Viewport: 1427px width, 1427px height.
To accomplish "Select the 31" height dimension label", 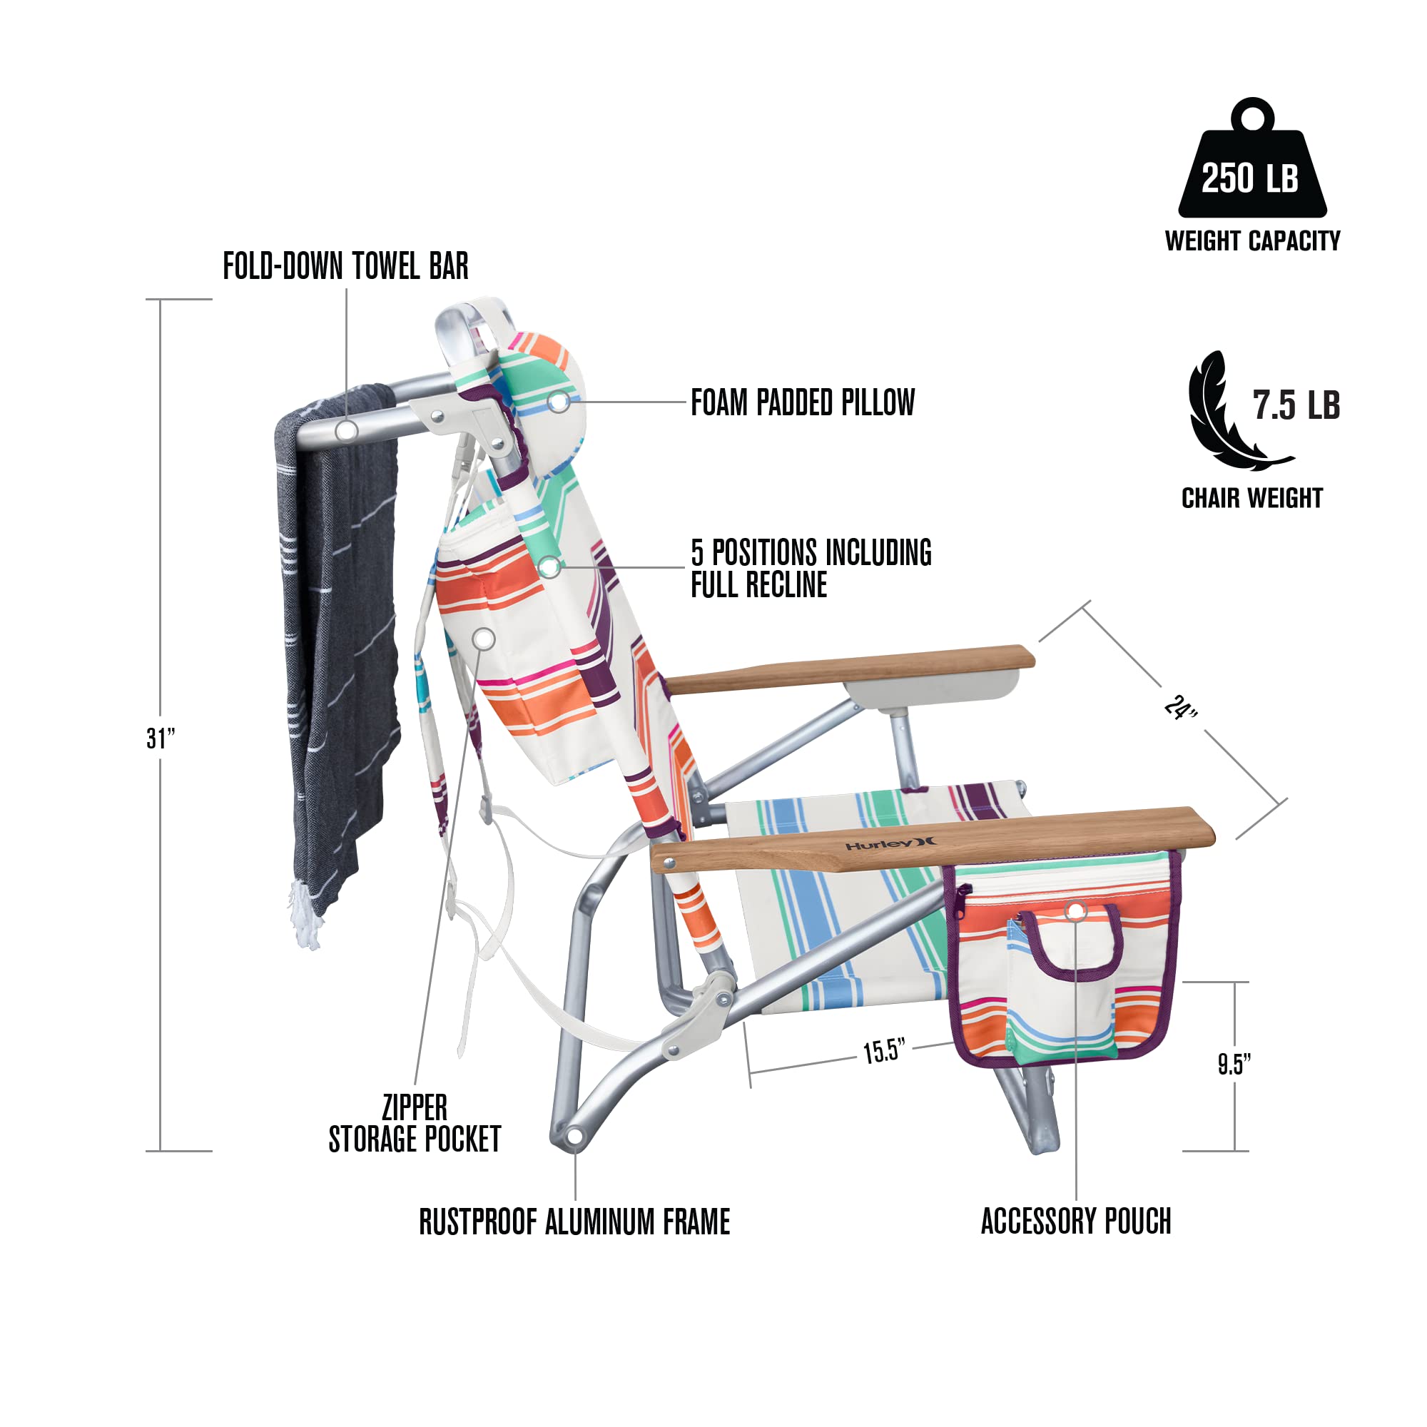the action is [x=161, y=738].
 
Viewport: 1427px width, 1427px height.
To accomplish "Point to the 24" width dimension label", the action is [x=1180, y=708].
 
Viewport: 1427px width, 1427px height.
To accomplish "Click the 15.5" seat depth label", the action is [x=883, y=1051].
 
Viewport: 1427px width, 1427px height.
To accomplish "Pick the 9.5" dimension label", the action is [x=1234, y=1065].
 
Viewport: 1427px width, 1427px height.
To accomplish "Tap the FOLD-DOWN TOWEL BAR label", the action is [x=345, y=266].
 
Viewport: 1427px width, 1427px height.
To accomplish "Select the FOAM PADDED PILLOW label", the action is [x=803, y=402].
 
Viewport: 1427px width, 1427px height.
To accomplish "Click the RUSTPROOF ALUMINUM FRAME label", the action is [x=574, y=1222].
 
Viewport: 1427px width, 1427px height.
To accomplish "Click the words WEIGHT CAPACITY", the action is [x=1253, y=240].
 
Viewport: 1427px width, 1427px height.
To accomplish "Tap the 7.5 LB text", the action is [x=1296, y=405].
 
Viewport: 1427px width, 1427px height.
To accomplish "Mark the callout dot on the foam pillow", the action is [x=559, y=401].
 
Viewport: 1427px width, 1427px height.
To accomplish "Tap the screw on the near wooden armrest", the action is [x=669, y=862].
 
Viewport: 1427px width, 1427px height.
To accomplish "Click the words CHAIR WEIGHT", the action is [x=1253, y=499].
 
